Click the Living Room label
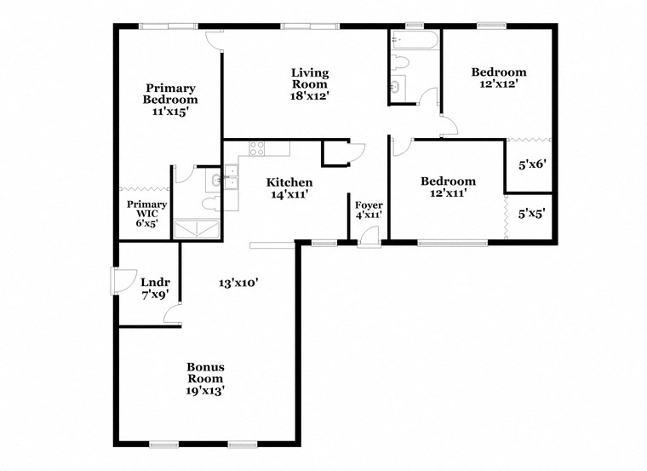coord(310,78)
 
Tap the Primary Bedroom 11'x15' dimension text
coord(170,111)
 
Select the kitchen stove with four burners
coord(256,148)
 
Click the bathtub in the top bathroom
coord(415,40)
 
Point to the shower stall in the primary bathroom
coord(197,229)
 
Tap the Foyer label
coord(369,205)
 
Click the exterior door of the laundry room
coord(123,282)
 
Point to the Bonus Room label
coord(205,372)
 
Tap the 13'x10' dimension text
coord(238,283)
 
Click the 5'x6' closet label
coord(532,164)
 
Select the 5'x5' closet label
coord(532,214)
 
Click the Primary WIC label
coord(147,209)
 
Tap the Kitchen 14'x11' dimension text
coord(289,194)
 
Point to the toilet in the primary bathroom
coord(212,204)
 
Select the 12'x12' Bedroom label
coord(499,78)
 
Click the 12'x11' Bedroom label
coord(448,187)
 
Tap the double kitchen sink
coord(231,177)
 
